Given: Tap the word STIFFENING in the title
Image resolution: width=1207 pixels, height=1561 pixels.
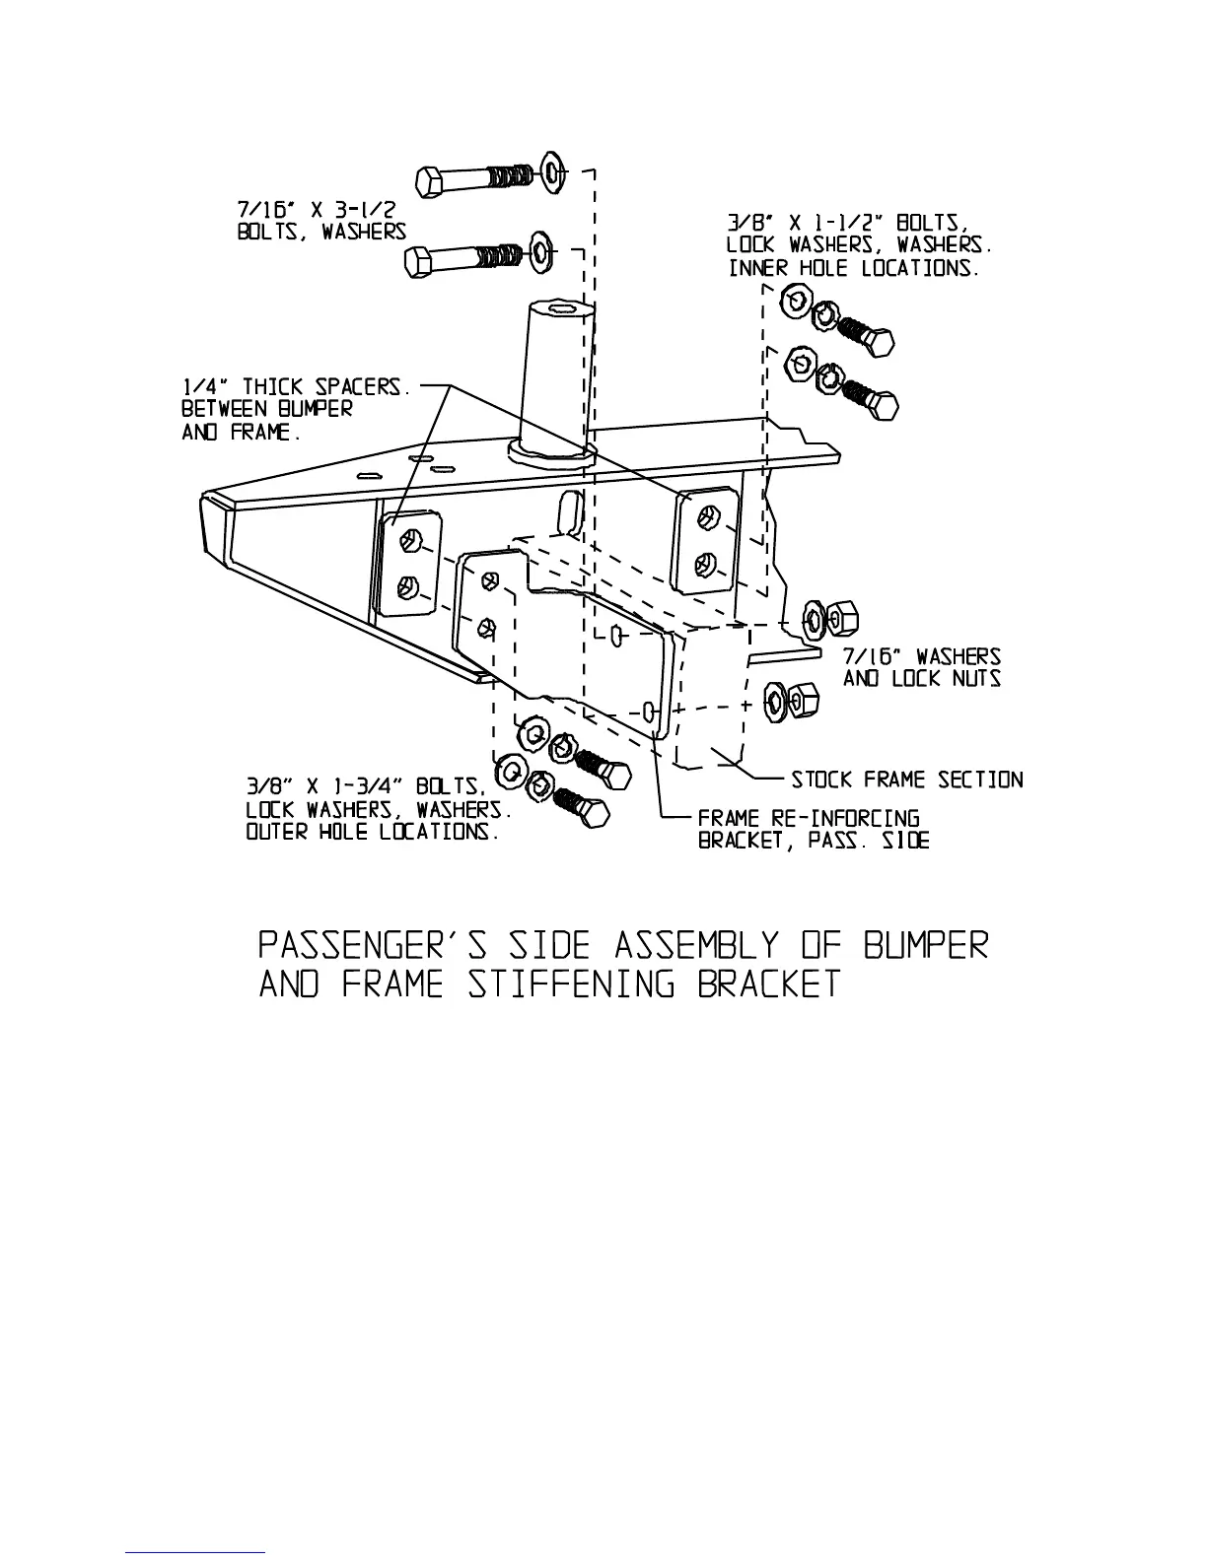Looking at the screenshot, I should pyautogui.click(x=572, y=985).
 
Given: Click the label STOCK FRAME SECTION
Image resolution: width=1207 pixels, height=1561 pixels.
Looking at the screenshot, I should pyautogui.click(x=907, y=780).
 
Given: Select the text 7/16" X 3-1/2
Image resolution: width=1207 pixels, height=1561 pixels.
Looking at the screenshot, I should pyautogui.click(x=316, y=210).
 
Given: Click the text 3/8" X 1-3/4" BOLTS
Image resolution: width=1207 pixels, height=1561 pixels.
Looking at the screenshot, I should pyautogui.click(x=365, y=787).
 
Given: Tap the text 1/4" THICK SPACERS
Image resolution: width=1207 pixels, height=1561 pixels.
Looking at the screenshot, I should pyautogui.click(x=295, y=387).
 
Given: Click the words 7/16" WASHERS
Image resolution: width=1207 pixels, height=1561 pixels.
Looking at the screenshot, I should pyautogui.click(x=922, y=656).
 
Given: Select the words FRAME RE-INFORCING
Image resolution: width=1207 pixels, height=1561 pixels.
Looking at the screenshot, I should pyautogui.click(x=809, y=819).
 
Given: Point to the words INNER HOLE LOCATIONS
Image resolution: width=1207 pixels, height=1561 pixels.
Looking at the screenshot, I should pyautogui.click(x=854, y=268).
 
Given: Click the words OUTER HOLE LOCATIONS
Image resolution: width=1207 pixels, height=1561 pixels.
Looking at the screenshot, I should pyautogui.click(x=372, y=832).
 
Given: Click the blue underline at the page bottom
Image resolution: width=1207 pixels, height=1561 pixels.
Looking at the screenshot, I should pyautogui.click(x=196, y=1552).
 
